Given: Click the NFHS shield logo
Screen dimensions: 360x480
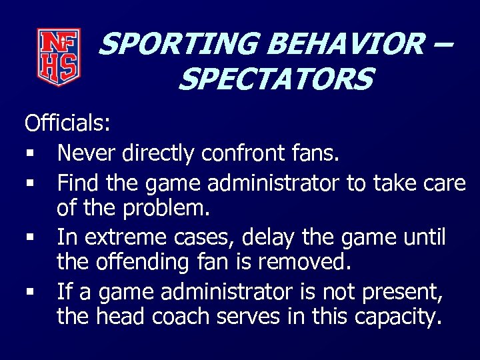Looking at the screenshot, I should click(59, 57).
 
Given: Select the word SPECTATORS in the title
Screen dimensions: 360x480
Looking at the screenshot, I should click(275, 80).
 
